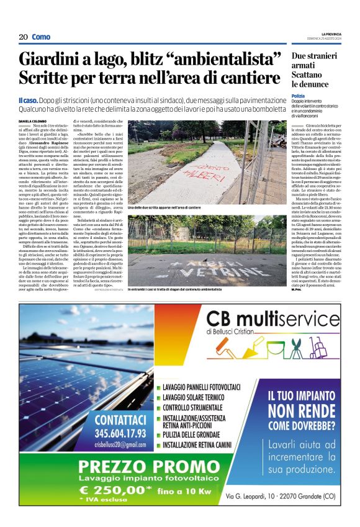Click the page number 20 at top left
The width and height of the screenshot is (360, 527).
click(x=23, y=37)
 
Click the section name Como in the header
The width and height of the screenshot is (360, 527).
click(x=41, y=37)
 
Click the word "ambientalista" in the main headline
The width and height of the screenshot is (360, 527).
click(x=229, y=60)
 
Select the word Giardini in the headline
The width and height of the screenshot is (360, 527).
click(x=51, y=60)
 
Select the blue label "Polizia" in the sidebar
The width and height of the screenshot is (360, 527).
click(x=299, y=96)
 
